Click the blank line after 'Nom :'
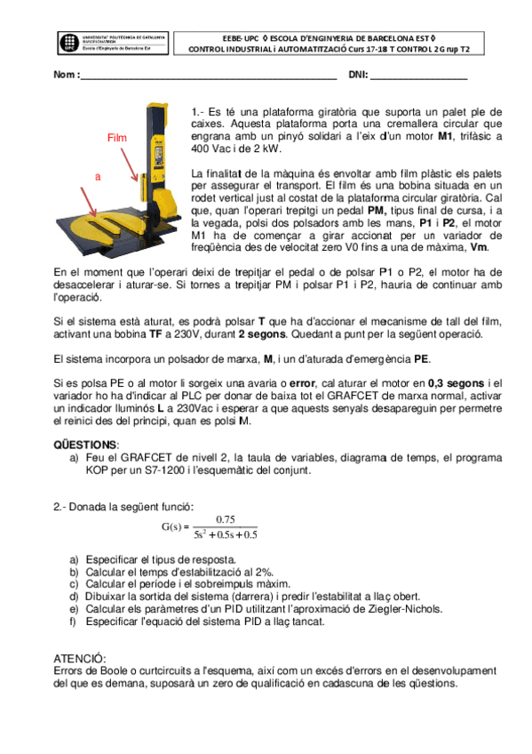click(x=209, y=75)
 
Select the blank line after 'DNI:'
click(x=418, y=75)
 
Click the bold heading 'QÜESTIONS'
click(x=85, y=444)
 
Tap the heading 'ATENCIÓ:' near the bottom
click(x=83, y=658)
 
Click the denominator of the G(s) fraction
click(x=225, y=535)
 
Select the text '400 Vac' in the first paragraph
click(x=210, y=148)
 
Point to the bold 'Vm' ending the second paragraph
click(x=479, y=247)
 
